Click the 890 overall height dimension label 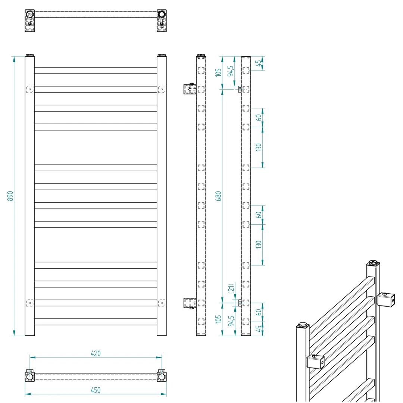coord(10,196)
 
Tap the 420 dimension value coord(96,353)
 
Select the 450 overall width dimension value coord(96,390)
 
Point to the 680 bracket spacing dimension coord(218,196)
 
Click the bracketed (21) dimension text coord(231,288)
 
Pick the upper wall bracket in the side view coord(190,89)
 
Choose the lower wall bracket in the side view coord(190,303)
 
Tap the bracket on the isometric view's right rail coord(385,300)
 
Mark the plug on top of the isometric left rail coord(303,324)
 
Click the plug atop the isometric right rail coord(373,263)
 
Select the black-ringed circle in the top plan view coord(162,14)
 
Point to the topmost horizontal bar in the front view coord(96,71)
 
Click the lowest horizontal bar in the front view coord(96,322)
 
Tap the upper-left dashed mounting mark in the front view coord(30,89)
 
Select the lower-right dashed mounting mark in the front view coord(162,303)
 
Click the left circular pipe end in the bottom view coord(30,377)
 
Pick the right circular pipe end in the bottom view coord(162,377)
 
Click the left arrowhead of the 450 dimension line coord(28,394)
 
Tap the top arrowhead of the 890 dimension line coord(14,59)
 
